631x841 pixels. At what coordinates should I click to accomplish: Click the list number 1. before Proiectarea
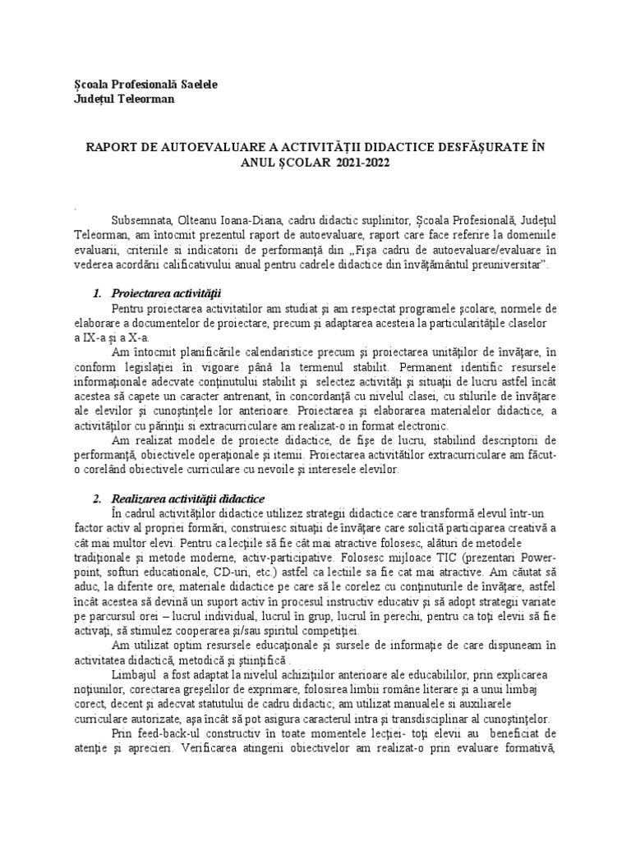98,293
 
